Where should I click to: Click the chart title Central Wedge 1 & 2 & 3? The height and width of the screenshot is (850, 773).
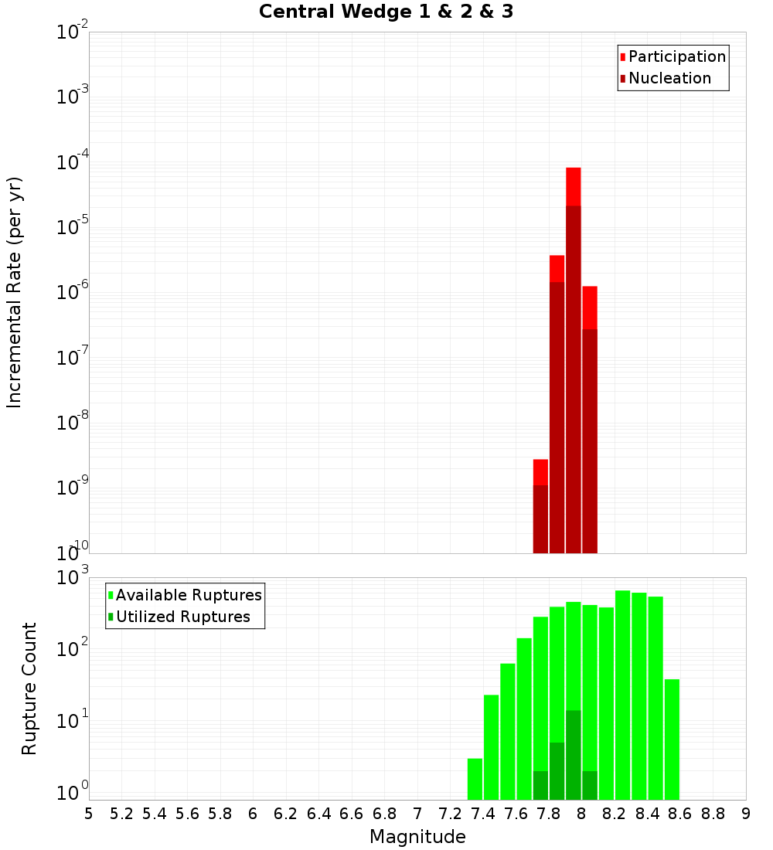pyautogui.click(x=386, y=12)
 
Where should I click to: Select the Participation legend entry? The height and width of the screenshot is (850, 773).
pyautogui.click(x=676, y=56)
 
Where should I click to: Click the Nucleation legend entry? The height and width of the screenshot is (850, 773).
pyautogui.click(x=669, y=78)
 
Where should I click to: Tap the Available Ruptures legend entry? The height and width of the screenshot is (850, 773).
pyautogui.click(x=188, y=595)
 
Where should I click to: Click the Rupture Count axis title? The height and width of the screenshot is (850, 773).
pyautogui.click(x=29, y=688)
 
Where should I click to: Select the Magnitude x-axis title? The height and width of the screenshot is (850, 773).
pyautogui.click(x=417, y=837)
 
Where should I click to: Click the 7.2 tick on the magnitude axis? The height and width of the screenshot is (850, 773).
pyautogui.click(x=450, y=814)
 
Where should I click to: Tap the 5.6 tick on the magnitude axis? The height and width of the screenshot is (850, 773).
pyautogui.click(x=187, y=814)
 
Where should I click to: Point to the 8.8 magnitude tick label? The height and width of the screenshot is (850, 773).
pyautogui.click(x=713, y=814)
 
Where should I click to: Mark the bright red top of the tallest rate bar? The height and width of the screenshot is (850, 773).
pyautogui.click(x=574, y=186)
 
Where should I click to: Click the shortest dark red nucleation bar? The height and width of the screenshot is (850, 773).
pyautogui.click(x=540, y=518)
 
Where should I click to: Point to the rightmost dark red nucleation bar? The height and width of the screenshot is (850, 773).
pyautogui.click(x=590, y=440)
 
